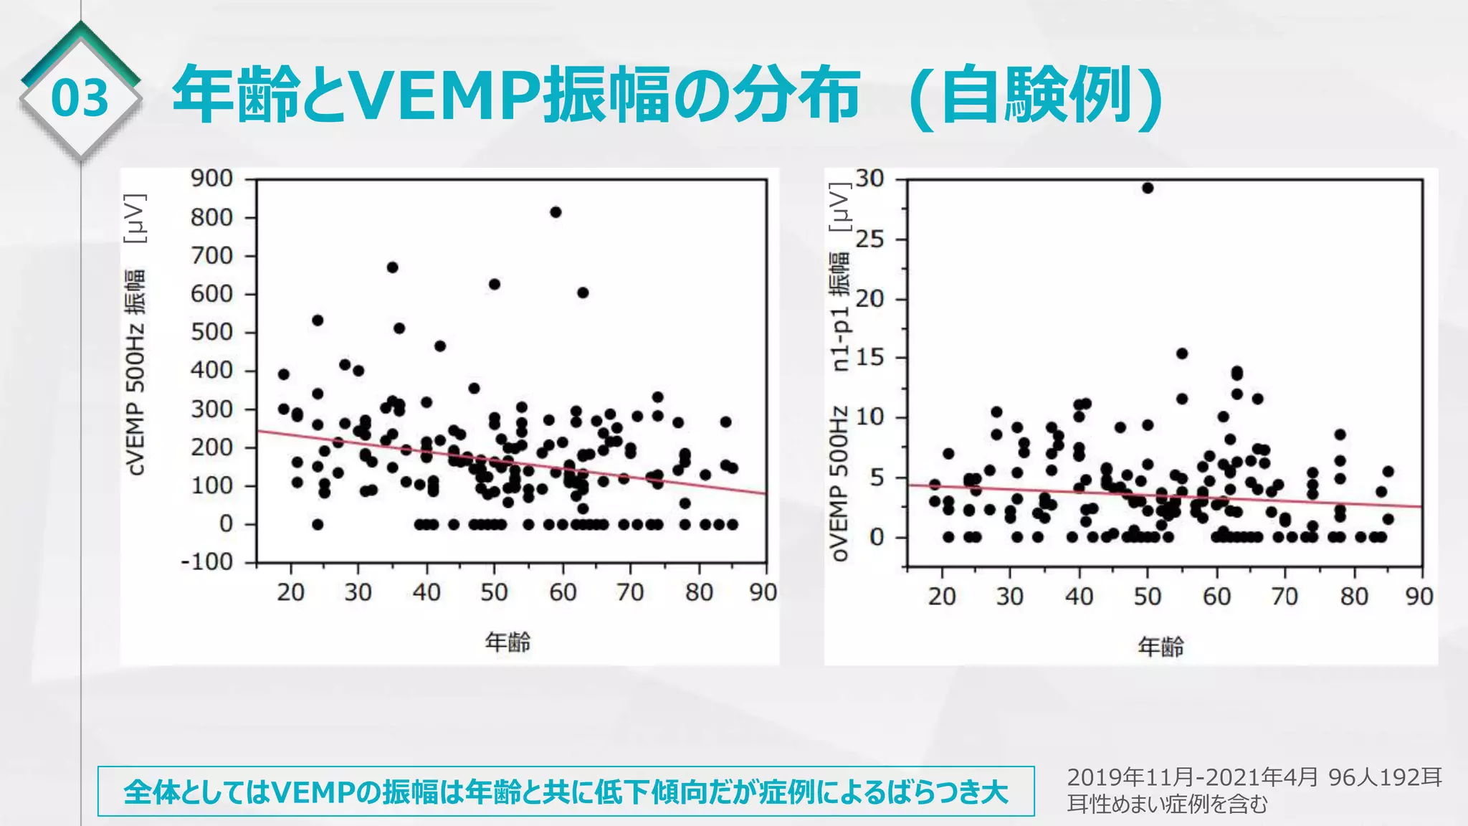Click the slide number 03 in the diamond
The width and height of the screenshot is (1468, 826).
80,98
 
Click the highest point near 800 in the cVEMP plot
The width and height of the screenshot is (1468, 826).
556,212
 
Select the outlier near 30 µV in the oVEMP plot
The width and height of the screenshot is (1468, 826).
1147,188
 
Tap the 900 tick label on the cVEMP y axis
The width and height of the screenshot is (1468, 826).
211,178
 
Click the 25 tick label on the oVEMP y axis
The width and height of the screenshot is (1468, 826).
870,239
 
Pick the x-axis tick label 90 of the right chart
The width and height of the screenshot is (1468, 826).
1419,596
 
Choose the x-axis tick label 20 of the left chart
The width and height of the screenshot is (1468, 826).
290,592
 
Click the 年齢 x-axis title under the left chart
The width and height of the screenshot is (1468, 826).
507,642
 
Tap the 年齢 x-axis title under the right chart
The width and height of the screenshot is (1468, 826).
1160,647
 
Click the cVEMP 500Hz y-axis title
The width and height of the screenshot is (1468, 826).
135,373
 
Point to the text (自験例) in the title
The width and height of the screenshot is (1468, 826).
1035,95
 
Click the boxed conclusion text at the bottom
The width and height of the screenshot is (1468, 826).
566,792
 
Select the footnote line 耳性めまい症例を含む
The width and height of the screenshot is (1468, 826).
1167,804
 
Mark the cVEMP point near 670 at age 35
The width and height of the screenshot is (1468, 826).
392,267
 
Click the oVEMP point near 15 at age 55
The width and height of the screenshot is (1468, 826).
1182,353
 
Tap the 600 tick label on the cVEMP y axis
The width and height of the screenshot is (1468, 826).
211,294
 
